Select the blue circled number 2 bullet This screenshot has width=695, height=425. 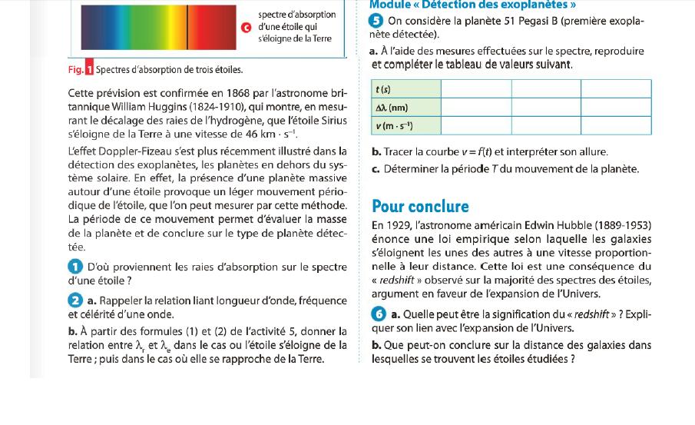74,300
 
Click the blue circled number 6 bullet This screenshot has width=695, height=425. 378,314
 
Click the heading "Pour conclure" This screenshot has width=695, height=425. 420,206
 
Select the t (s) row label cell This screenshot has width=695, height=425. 405,88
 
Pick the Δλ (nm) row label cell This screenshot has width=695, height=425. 405,107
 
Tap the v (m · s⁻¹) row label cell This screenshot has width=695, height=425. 405,125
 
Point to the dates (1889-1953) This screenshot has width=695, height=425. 624,225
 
